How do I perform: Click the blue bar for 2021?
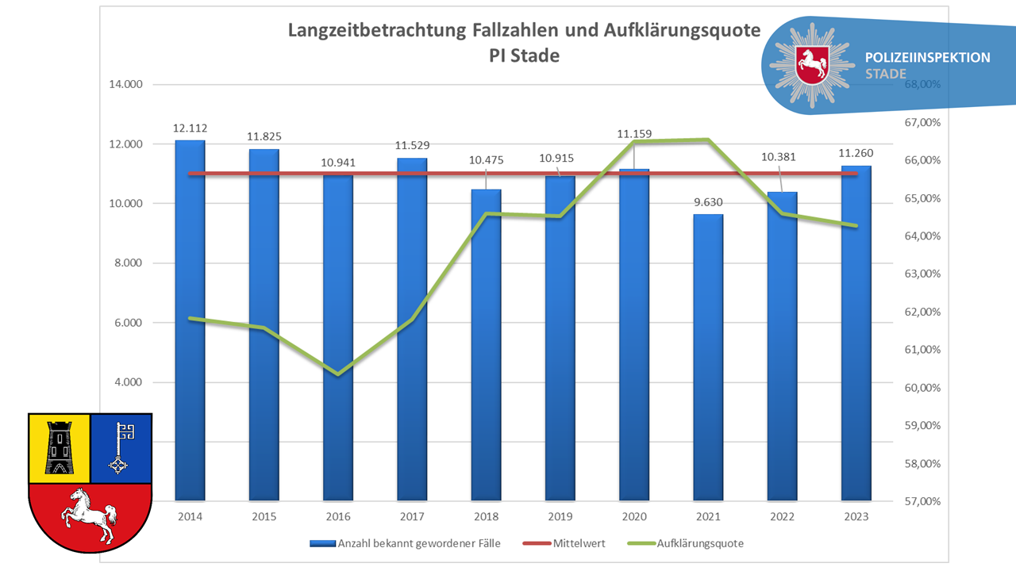click(708, 357)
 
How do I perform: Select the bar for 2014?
click(190, 317)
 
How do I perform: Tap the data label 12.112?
click(190, 128)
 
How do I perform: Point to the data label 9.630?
click(708, 201)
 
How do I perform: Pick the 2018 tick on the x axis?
click(486, 516)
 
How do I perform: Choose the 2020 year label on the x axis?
click(634, 516)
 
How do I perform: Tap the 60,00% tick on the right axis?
click(922, 388)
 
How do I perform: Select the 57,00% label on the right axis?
click(922, 501)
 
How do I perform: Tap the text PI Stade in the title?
click(525, 56)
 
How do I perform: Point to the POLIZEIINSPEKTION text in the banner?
click(928, 58)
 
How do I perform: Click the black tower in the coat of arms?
click(60, 447)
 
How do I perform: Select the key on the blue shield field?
click(121, 448)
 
